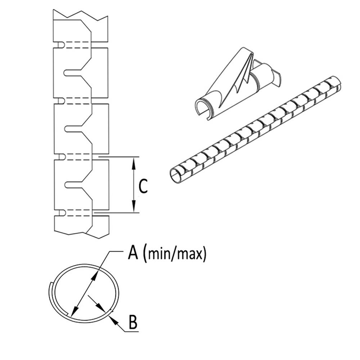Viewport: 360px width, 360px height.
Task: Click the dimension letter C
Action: [143, 186]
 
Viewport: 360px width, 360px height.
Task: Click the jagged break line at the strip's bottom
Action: [81, 234]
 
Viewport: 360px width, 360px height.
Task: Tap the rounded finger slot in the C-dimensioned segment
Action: [72, 184]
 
